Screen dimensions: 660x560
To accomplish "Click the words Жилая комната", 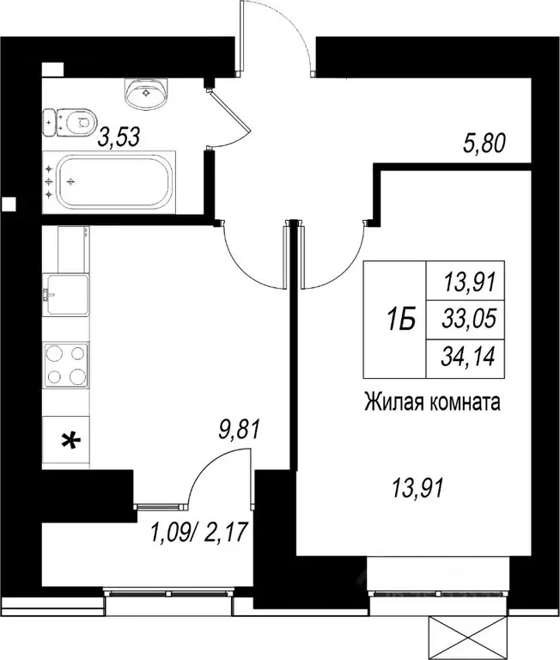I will tap(432, 400).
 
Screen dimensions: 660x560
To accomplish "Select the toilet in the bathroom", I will tap(69, 122).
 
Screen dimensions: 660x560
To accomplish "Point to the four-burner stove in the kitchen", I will tap(66, 364).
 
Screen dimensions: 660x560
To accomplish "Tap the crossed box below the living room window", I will tap(465, 639).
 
